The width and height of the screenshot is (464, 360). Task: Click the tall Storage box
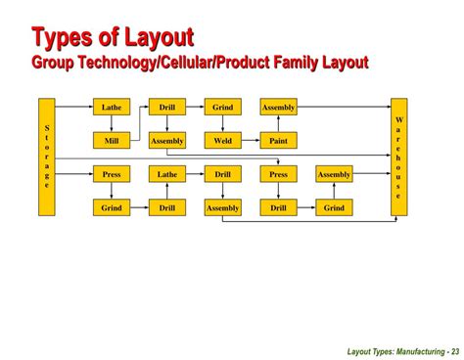46,157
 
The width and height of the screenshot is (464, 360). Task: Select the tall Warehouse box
398,157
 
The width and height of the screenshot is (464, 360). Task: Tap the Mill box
111,141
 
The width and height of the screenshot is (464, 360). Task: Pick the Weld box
222,141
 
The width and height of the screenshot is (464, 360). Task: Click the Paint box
278,141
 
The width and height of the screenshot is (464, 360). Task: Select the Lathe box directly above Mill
111,107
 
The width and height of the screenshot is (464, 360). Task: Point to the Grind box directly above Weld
222,107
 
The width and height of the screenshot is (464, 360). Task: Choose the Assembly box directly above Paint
278,107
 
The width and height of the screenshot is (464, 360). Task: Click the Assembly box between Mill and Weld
166,141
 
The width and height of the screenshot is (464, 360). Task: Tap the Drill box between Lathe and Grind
166,107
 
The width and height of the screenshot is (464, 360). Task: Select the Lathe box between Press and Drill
166,174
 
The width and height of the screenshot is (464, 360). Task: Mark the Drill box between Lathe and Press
222,174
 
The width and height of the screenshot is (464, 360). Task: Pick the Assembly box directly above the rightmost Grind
334,174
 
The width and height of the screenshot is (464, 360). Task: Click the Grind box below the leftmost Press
111,208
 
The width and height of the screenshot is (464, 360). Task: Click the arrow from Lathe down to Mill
111,123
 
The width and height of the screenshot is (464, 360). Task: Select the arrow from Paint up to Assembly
278,123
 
